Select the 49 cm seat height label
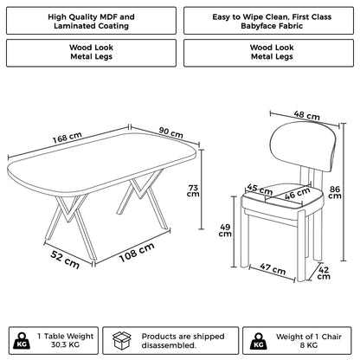pyautogui.click(x=225, y=228)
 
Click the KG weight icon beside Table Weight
pyautogui.click(x=18, y=338)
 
